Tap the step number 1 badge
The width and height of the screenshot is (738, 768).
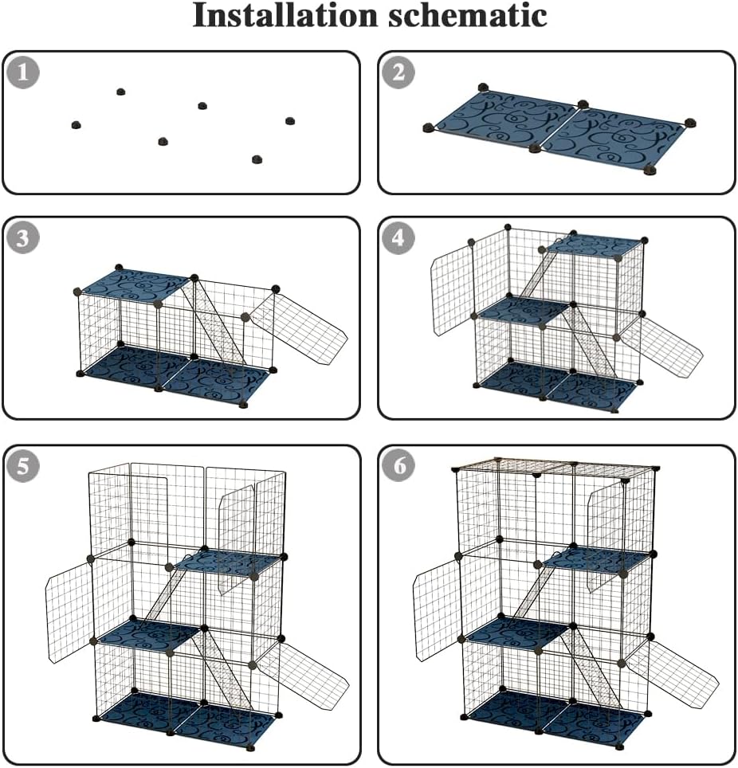[23, 73]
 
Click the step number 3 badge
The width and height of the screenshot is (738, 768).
[23, 238]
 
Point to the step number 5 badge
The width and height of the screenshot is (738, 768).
[23, 467]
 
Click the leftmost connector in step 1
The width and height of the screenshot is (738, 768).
[76, 125]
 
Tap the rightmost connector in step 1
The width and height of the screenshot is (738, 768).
[290, 120]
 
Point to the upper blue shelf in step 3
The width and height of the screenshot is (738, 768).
[134, 284]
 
